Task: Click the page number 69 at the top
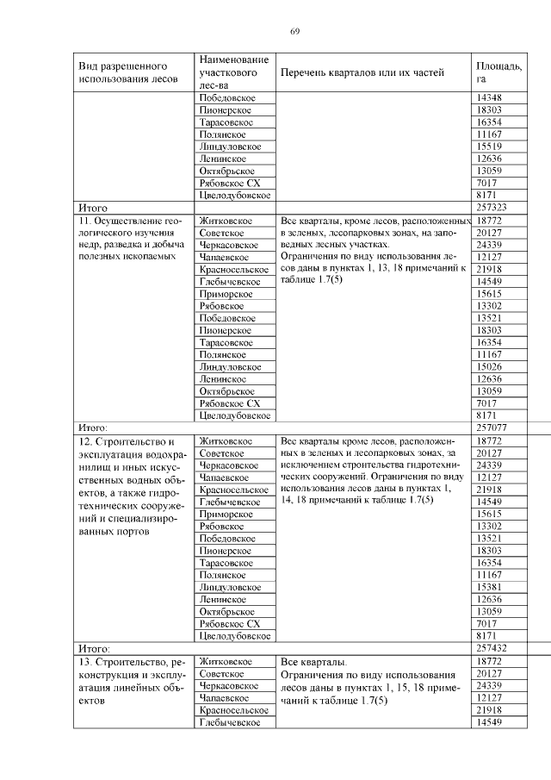[x=294, y=32]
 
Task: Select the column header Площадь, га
[x=498, y=72]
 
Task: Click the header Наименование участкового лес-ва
[x=232, y=72]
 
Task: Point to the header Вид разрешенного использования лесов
[x=129, y=72]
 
